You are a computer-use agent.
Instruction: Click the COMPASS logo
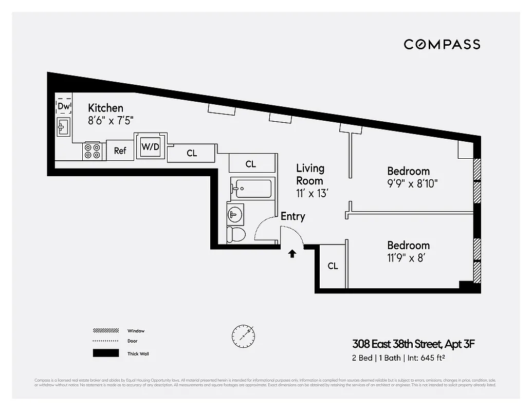pyautogui.click(x=442, y=44)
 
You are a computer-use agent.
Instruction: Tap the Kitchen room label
pyautogui.click(x=105, y=108)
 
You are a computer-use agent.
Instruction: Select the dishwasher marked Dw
pyautogui.click(x=64, y=106)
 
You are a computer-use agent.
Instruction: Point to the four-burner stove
pyautogui.click(x=93, y=151)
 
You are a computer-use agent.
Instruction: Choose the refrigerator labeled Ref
pyautogui.click(x=120, y=151)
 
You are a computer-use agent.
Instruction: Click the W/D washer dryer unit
pyautogui.click(x=151, y=147)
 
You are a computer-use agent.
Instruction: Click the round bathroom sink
pyautogui.click(x=235, y=213)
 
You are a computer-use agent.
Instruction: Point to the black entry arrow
pyautogui.click(x=292, y=253)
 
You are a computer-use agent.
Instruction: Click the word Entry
pyautogui.click(x=292, y=216)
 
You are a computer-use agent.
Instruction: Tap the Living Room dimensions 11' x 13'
pyautogui.click(x=312, y=194)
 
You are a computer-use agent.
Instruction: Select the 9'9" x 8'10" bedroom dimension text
pyautogui.click(x=412, y=183)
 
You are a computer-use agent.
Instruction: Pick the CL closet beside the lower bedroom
pyautogui.click(x=333, y=266)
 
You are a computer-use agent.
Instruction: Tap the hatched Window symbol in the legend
pyautogui.click(x=105, y=331)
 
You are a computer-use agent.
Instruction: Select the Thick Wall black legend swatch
pyautogui.click(x=105, y=353)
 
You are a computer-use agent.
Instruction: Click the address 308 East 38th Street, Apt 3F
pyautogui.click(x=410, y=344)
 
